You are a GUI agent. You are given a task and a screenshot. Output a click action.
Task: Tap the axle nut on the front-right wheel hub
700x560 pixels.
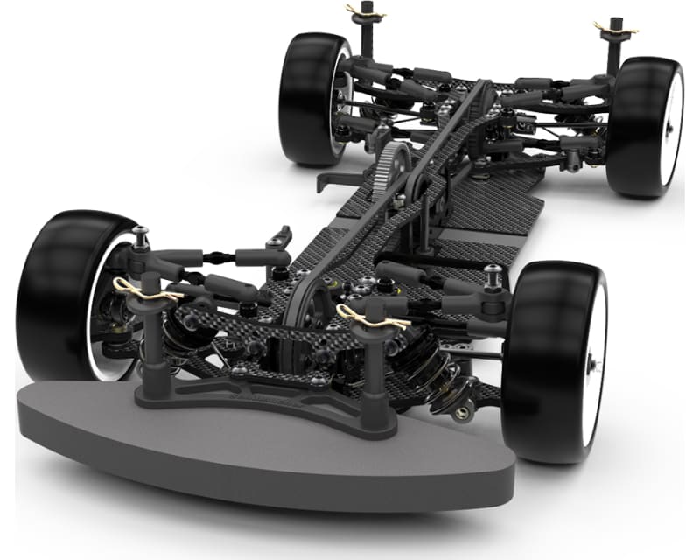pyautogui.click(x=593, y=361)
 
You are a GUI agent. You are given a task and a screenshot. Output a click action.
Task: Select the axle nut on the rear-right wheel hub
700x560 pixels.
pyautogui.click(x=668, y=127)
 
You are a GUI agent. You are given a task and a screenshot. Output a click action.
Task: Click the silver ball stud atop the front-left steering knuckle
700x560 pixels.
pyautogui.click(x=140, y=234)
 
